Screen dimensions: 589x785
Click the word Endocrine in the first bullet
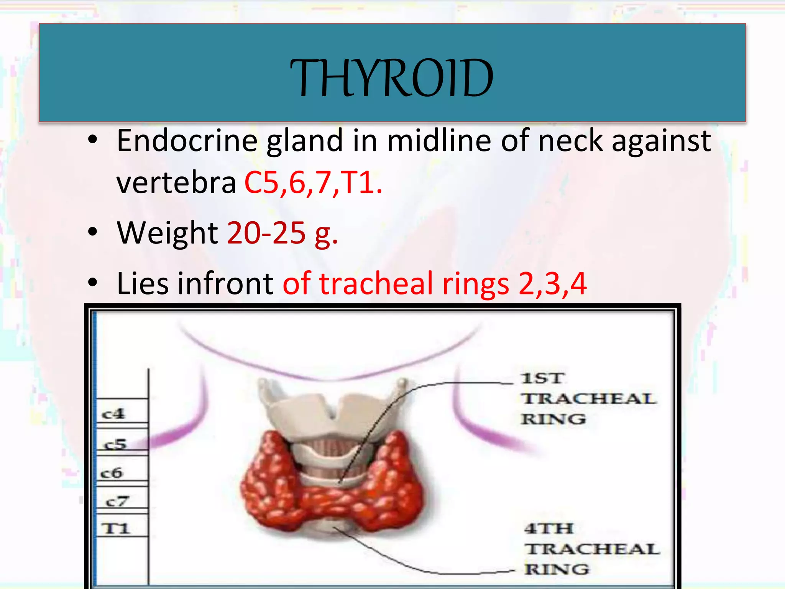tap(187, 141)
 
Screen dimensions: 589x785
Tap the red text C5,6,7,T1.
tap(313, 182)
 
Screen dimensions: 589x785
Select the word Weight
tap(168, 233)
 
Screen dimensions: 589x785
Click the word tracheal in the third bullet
tap(376, 284)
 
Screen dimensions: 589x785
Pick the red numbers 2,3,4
tap(552, 284)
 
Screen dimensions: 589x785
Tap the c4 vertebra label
tap(113, 414)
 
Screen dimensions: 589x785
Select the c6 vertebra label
tap(112, 473)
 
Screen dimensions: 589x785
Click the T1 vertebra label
tap(116, 529)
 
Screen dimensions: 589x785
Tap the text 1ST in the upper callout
tap(543, 378)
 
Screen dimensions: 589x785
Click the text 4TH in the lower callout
tap(549, 529)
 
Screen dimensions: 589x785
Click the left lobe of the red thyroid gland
tap(268, 479)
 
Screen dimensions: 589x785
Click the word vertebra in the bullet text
tap(176, 183)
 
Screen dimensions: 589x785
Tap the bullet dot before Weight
tap(92, 232)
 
